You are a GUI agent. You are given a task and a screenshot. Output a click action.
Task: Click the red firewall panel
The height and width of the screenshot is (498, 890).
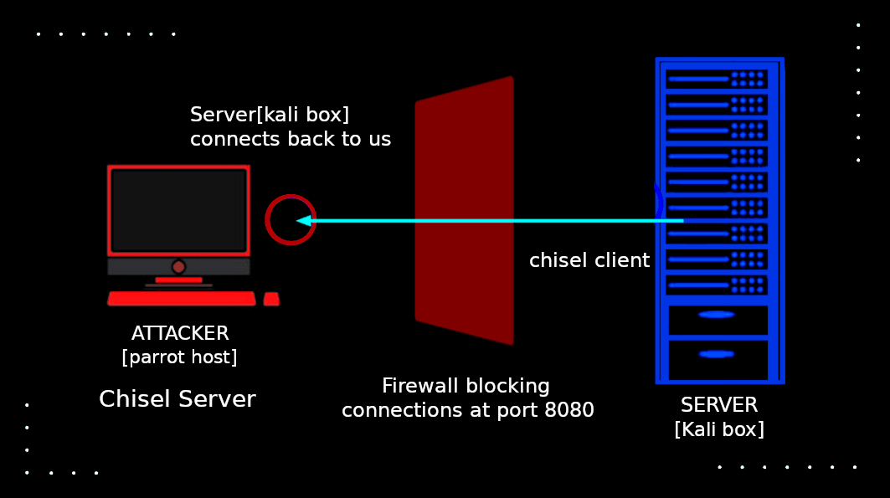pyautogui.click(x=464, y=210)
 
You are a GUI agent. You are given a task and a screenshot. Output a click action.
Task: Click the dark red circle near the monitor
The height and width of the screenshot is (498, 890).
pyautogui.click(x=290, y=219)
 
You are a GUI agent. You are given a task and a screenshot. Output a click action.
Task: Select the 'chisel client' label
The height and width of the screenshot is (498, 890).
pyautogui.click(x=589, y=260)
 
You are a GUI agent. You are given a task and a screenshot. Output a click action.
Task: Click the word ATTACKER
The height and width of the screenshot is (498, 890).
pyautogui.click(x=180, y=333)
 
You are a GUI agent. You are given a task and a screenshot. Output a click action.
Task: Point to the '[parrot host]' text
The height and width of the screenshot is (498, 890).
pyautogui.click(x=179, y=357)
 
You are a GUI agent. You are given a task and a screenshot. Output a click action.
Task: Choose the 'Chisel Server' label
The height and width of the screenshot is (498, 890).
pyautogui.click(x=177, y=399)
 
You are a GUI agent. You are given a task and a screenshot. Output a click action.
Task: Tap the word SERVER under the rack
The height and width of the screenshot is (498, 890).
pyautogui.click(x=718, y=405)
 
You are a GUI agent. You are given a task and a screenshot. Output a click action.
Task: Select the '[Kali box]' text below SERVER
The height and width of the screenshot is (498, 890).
pyautogui.click(x=718, y=429)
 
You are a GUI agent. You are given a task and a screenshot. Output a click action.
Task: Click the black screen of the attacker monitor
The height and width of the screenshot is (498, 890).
pyautogui.click(x=178, y=210)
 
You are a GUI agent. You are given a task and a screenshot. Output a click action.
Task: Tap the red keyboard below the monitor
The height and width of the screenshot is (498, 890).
pyautogui.click(x=182, y=299)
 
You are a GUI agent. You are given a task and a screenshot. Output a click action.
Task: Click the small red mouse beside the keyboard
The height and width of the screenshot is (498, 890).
pyautogui.click(x=271, y=299)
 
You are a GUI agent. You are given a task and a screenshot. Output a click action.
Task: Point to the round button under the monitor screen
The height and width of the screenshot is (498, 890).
pyautogui.click(x=178, y=267)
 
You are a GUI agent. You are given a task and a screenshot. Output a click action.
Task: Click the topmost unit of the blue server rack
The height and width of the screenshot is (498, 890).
pyautogui.click(x=717, y=79)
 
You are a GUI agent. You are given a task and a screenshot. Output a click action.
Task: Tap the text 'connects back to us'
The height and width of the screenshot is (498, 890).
pyautogui.click(x=290, y=139)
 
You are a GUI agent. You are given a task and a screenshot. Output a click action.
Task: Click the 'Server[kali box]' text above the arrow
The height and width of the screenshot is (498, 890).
pyautogui.click(x=269, y=114)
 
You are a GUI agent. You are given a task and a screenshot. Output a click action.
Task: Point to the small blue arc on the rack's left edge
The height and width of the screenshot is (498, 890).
pyautogui.click(x=659, y=202)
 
